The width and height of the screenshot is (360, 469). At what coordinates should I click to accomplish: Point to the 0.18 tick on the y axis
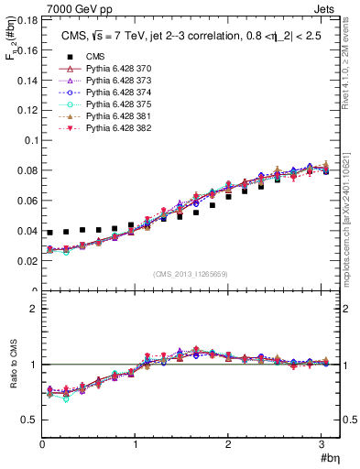tap(27, 20)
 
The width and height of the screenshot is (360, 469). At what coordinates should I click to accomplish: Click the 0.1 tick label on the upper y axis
tap(30, 140)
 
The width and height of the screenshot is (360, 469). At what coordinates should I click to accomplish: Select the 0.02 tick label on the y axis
tap(27, 261)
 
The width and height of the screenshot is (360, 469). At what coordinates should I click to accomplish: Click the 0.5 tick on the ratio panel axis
tap(29, 420)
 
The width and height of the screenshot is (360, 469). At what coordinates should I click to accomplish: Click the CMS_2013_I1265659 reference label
tap(191, 274)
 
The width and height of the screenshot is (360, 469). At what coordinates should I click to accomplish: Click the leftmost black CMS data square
tap(50, 233)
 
